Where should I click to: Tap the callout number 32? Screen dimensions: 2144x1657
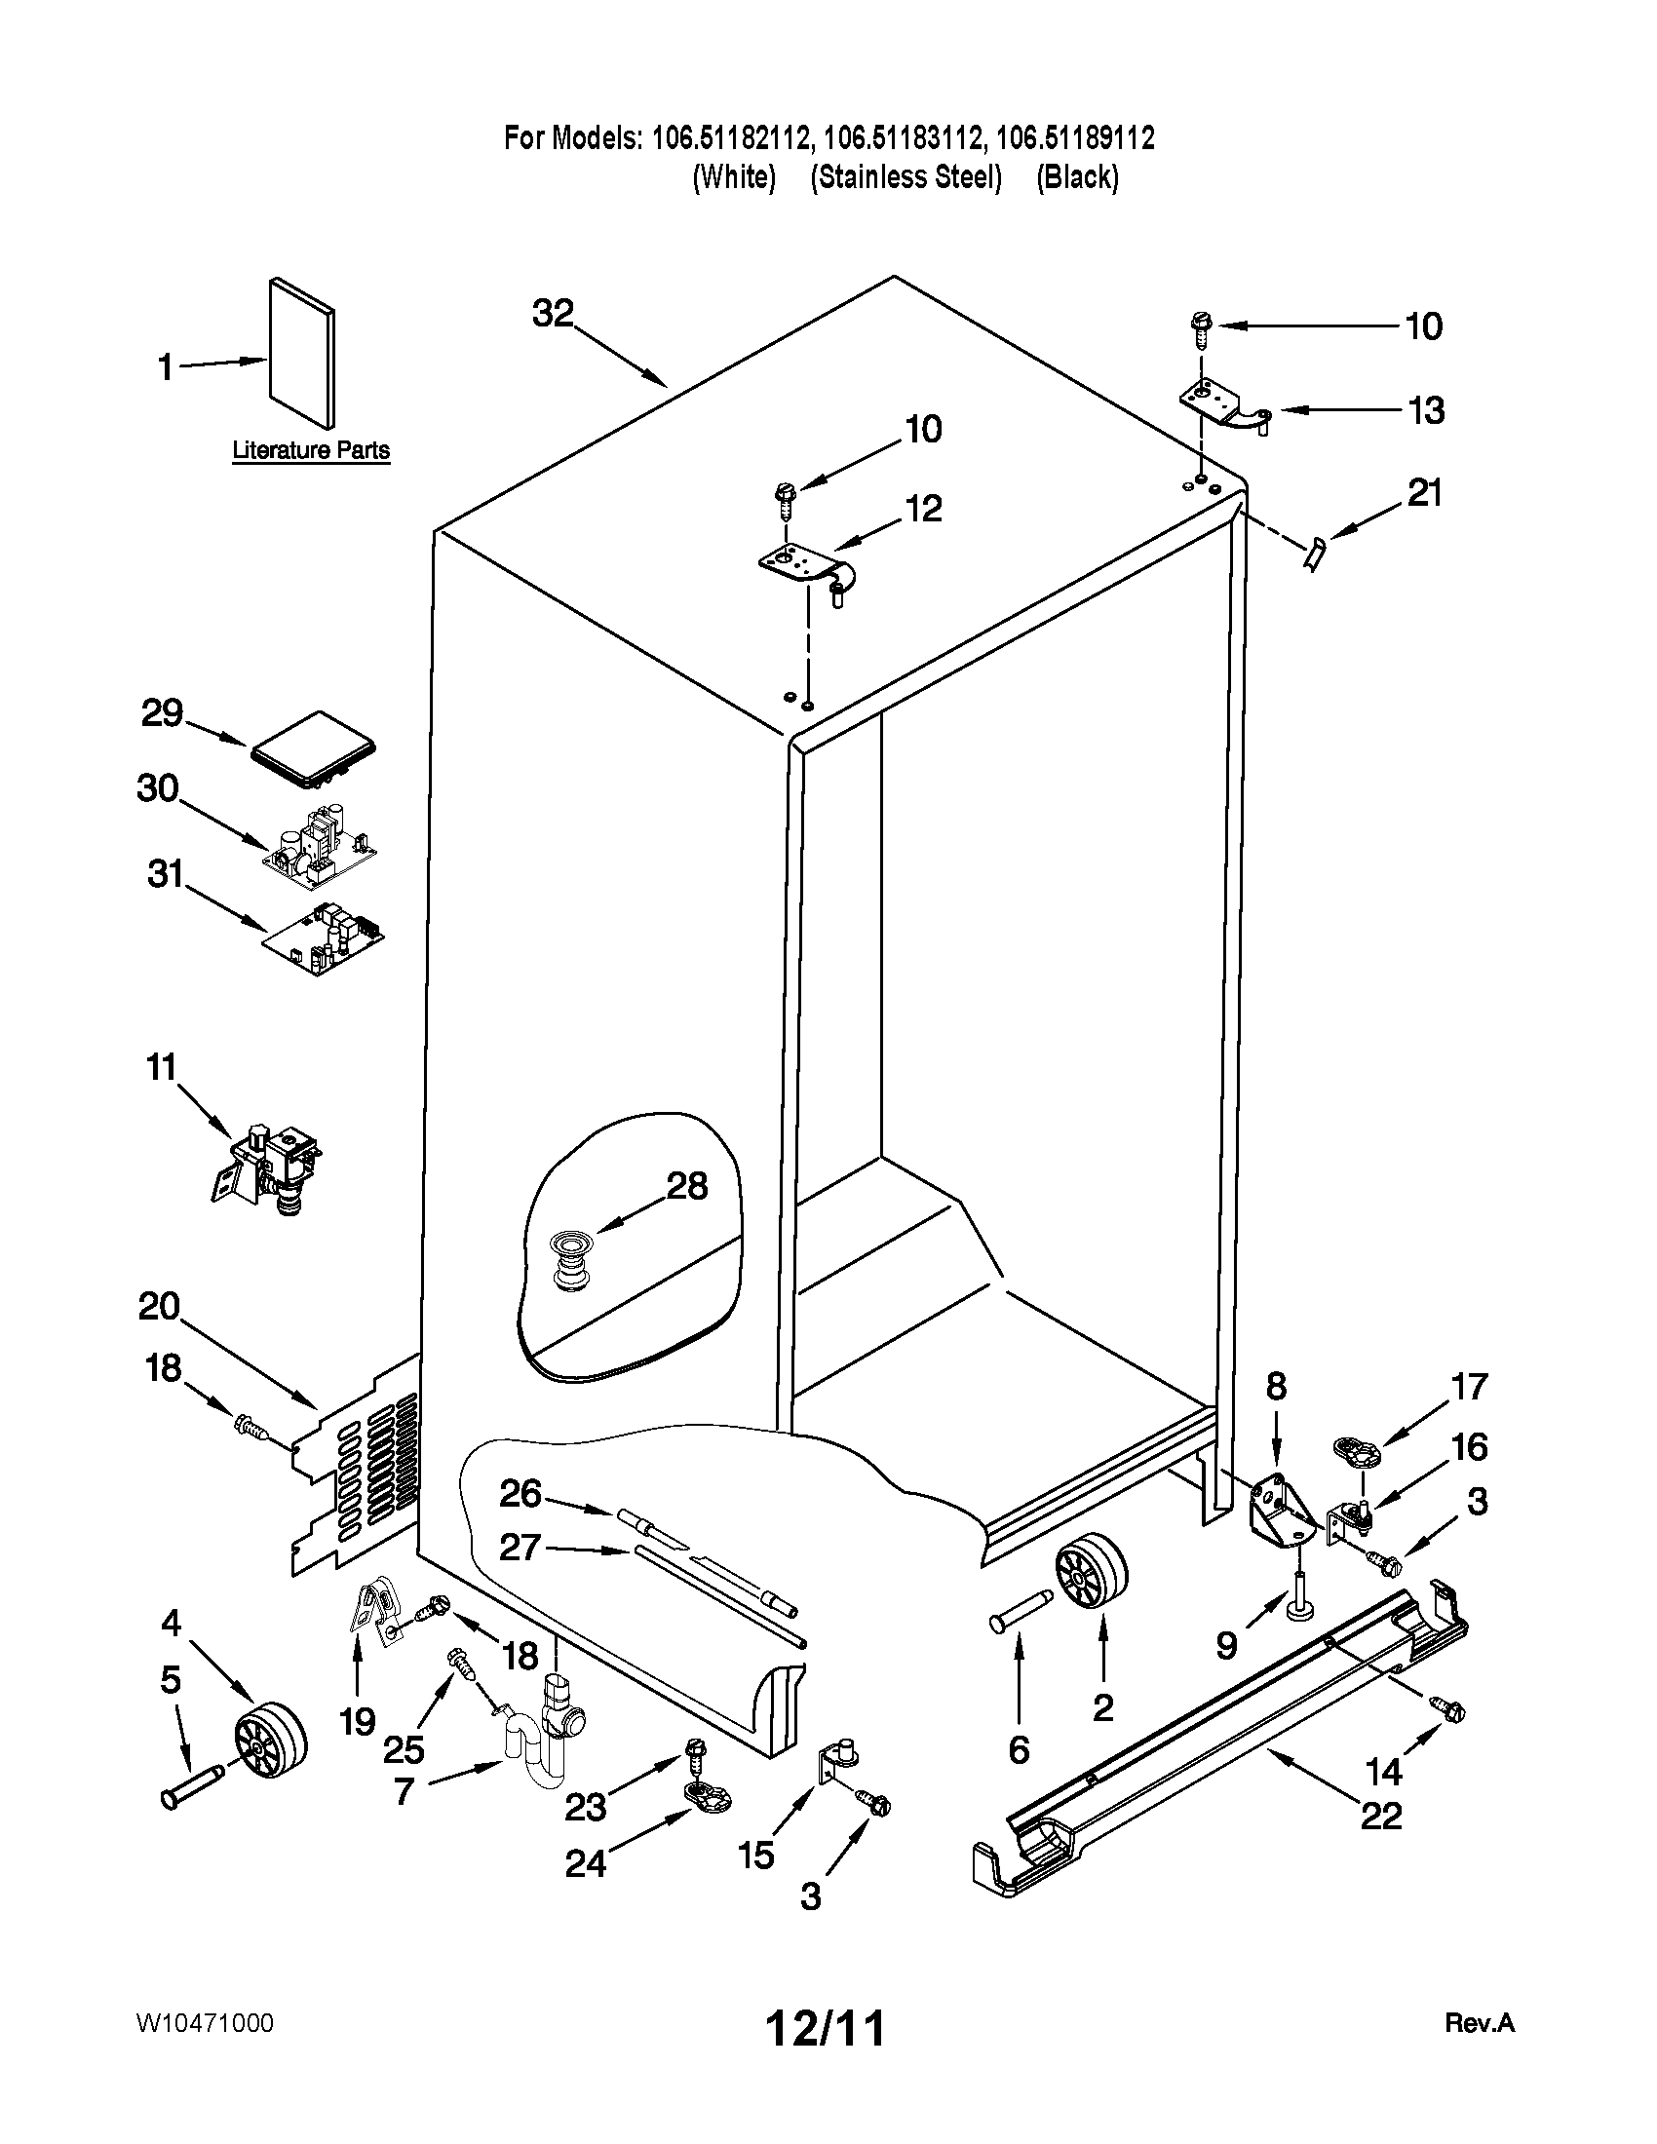[x=553, y=313]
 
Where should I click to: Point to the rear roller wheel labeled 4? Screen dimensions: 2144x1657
[x=270, y=1742]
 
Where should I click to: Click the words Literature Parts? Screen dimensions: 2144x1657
[x=310, y=450]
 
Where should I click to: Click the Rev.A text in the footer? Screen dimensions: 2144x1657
[x=1479, y=2023]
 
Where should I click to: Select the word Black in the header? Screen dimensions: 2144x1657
[x=1077, y=177]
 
